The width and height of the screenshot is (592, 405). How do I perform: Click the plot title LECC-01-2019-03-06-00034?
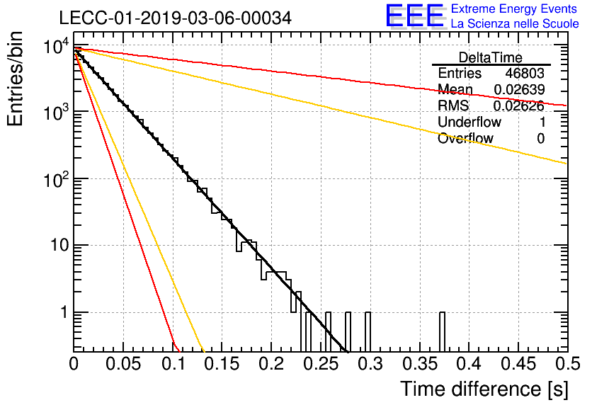point(175,18)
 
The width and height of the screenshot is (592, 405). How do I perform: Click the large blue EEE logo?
point(414,16)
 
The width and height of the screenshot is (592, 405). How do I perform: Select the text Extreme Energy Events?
point(514,8)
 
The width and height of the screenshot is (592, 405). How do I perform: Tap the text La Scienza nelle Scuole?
point(515,23)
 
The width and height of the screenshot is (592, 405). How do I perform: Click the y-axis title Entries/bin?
point(15,79)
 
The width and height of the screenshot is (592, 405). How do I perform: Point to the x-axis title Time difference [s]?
point(484,389)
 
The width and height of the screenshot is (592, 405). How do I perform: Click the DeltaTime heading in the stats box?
point(490,57)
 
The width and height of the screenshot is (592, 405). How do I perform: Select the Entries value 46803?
point(525,73)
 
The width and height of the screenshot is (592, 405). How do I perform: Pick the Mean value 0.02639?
point(519,89)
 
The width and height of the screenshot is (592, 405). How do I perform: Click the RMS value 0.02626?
point(519,106)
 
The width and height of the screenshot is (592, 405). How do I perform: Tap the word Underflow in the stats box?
point(469,122)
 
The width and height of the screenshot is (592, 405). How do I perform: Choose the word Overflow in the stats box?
point(465,138)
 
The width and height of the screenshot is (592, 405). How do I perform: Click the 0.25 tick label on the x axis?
point(321,364)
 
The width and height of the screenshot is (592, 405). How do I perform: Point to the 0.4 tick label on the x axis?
point(469,364)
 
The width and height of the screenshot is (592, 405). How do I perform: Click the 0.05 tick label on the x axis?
point(123,364)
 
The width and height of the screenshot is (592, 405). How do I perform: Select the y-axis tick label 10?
point(59,246)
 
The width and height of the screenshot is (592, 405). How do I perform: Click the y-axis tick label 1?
point(64,312)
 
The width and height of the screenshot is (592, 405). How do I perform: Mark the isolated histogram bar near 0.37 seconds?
point(442,332)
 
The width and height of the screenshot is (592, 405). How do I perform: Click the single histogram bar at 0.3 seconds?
point(368,332)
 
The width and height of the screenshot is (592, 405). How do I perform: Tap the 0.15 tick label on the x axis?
point(222,364)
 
